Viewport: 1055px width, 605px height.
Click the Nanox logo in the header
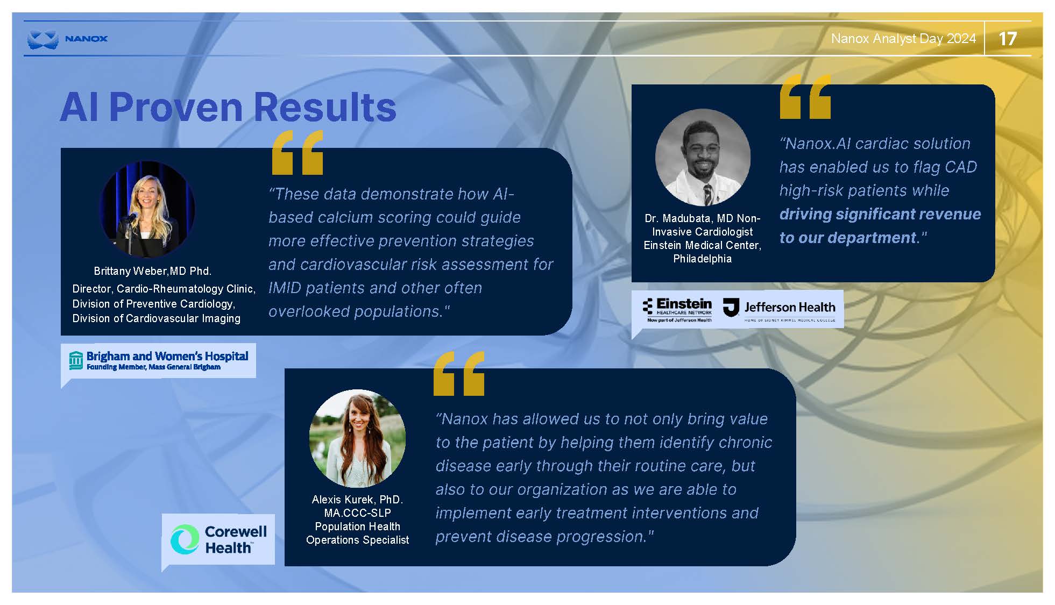coord(67,39)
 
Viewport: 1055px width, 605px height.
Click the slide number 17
coord(1007,39)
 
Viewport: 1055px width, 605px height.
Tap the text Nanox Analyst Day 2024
coord(903,39)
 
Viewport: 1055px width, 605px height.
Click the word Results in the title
coord(325,107)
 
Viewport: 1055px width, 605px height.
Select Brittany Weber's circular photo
coord(147,209)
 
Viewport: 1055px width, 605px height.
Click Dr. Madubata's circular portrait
coord(703,157)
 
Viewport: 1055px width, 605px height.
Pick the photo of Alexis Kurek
coord(357,438)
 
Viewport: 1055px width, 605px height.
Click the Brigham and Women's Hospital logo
coord(159,360)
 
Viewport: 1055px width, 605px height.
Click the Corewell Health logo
coord(218,539)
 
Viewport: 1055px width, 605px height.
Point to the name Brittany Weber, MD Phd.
coord(153,271)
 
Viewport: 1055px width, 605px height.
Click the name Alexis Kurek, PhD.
coord(357,500)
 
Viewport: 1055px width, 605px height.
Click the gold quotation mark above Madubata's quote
coord(805,96)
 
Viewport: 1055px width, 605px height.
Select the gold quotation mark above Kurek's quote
coord(459,374)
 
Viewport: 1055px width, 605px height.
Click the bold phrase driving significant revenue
coord(880,214)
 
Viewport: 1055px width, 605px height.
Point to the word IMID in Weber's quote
coord(285,288)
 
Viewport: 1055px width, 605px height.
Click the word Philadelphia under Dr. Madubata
coord(702,259)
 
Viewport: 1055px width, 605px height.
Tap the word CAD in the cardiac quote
coord(961,167)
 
